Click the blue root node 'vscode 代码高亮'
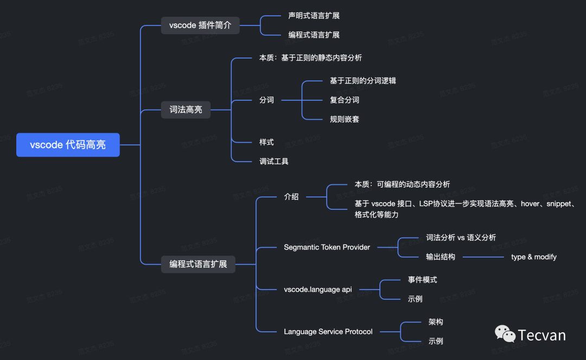(68, 145)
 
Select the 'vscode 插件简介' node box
(200, 25)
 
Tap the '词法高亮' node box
(186, 110)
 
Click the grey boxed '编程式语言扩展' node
(198, 265)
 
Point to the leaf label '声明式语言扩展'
(314, 16)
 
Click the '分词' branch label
(266, 100)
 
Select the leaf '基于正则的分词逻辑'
(362, 81)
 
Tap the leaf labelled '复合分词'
(344, 100)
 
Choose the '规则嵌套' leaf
(344, 119)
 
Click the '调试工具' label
(273, 161)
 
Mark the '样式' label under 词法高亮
(266, 142)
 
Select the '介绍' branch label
(291, 196)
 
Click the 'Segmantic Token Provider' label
(327, 247)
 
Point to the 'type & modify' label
(533, 257)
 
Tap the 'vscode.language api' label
(317, 290)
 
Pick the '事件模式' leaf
(422, 280)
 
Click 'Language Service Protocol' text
(328, 331)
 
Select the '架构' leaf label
(436, 322)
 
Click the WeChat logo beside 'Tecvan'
(505, 334)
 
